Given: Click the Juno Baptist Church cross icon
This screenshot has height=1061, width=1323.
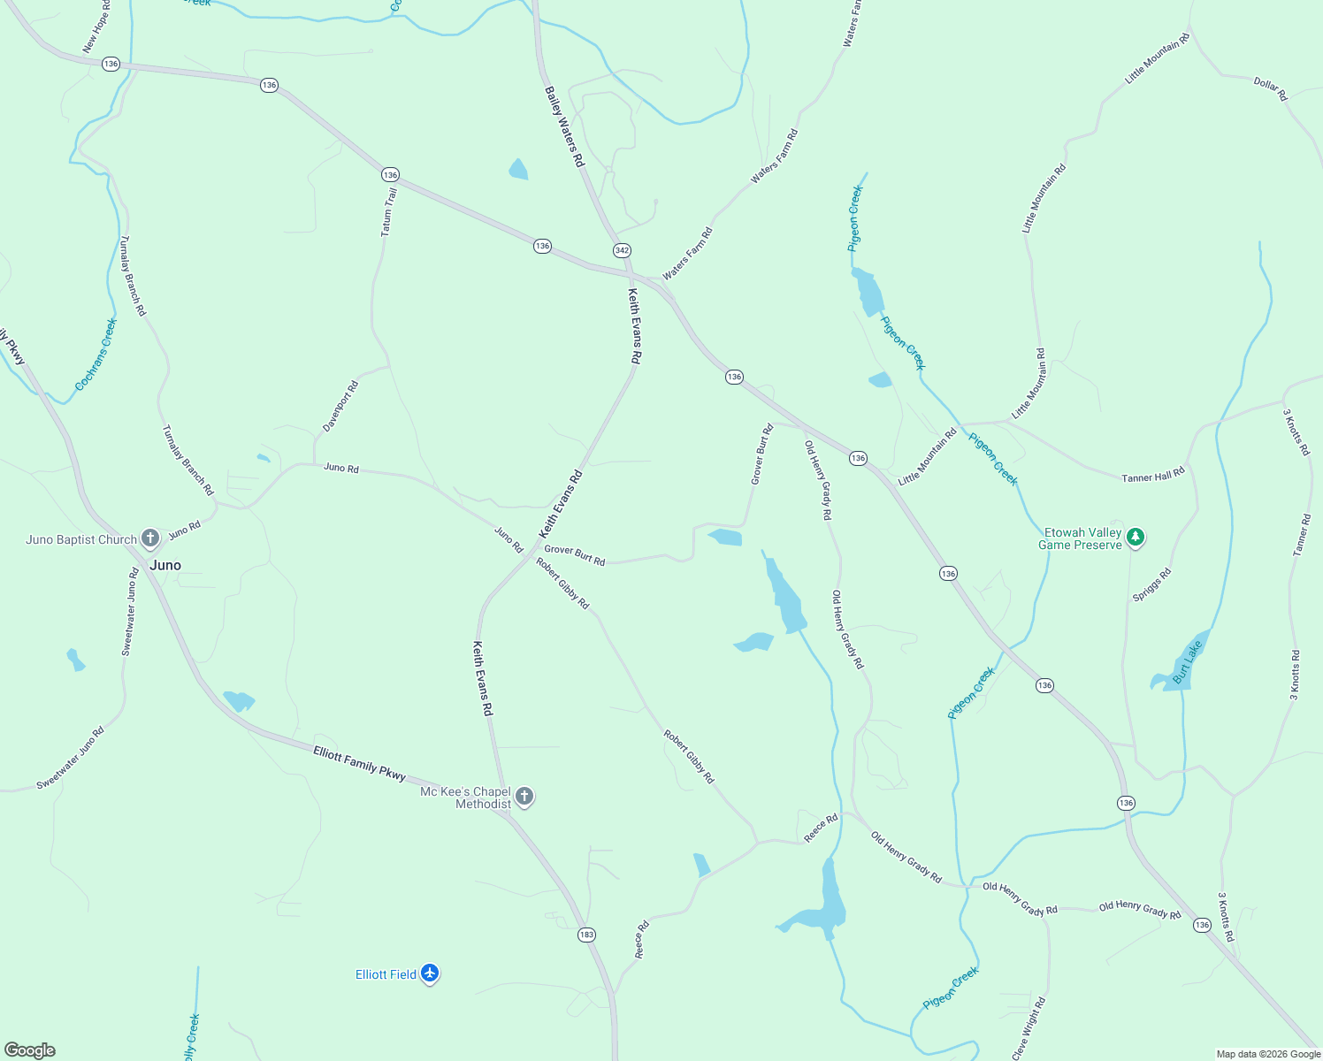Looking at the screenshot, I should [x=150, y=538].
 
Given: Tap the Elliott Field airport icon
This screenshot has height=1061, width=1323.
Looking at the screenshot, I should [x=430, y=973].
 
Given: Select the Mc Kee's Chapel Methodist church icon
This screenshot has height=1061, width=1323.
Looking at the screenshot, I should [x=524, y=796].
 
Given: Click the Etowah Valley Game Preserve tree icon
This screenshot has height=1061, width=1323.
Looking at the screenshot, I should [x=1136, y=537].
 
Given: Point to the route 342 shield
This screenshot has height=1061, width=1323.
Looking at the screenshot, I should [x=622, y=250].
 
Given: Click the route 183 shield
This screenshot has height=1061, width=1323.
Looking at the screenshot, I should [x=586, y=935].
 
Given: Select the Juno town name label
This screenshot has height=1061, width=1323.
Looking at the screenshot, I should [x=165, y=565].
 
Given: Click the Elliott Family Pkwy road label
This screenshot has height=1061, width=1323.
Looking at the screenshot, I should [x=359, y=763].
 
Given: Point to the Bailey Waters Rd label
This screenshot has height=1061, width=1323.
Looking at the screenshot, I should [x=564, y=126].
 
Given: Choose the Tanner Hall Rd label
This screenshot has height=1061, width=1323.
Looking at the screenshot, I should [x=1152, y=476].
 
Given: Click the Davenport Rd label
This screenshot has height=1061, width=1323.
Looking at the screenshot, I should [x=340, y=406].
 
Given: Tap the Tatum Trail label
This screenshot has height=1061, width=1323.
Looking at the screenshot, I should [x=388, y=211].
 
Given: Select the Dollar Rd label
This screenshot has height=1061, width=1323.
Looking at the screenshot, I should [x=1270, y=88].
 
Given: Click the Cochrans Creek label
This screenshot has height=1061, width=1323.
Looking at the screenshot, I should [x=96, y=355].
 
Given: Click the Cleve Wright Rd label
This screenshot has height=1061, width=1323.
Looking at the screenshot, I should [x=1029, y=1028].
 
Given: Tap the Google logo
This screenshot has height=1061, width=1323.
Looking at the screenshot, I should [x=30, y=1050].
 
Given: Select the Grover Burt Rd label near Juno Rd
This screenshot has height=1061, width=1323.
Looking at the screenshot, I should [x=575, y=555].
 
